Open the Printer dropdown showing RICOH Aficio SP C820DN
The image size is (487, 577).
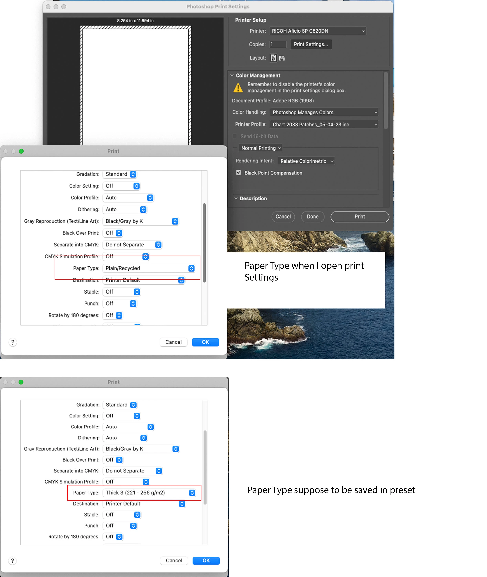click(x=317, y=31)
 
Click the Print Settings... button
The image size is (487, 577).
click(x=311, y=44)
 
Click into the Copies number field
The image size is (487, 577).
click(x=278, y=44)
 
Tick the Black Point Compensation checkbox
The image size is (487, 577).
click(x=238, y=173)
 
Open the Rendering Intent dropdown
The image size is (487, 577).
click(x=306, y=161)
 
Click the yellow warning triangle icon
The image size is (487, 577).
click(x=238, y=88)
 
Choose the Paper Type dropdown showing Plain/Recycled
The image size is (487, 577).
click(x=149, y=268)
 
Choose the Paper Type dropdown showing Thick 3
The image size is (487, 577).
click(x=149, y=493)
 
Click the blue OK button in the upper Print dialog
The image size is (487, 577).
click(x=205, y=342)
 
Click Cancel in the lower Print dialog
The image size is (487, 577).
click(x=174, y=560)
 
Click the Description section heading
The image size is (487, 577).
click(x=253, y=198)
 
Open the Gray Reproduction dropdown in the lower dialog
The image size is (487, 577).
click(x=141, y=449)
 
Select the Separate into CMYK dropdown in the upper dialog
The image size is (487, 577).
click(x=132, y=245)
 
